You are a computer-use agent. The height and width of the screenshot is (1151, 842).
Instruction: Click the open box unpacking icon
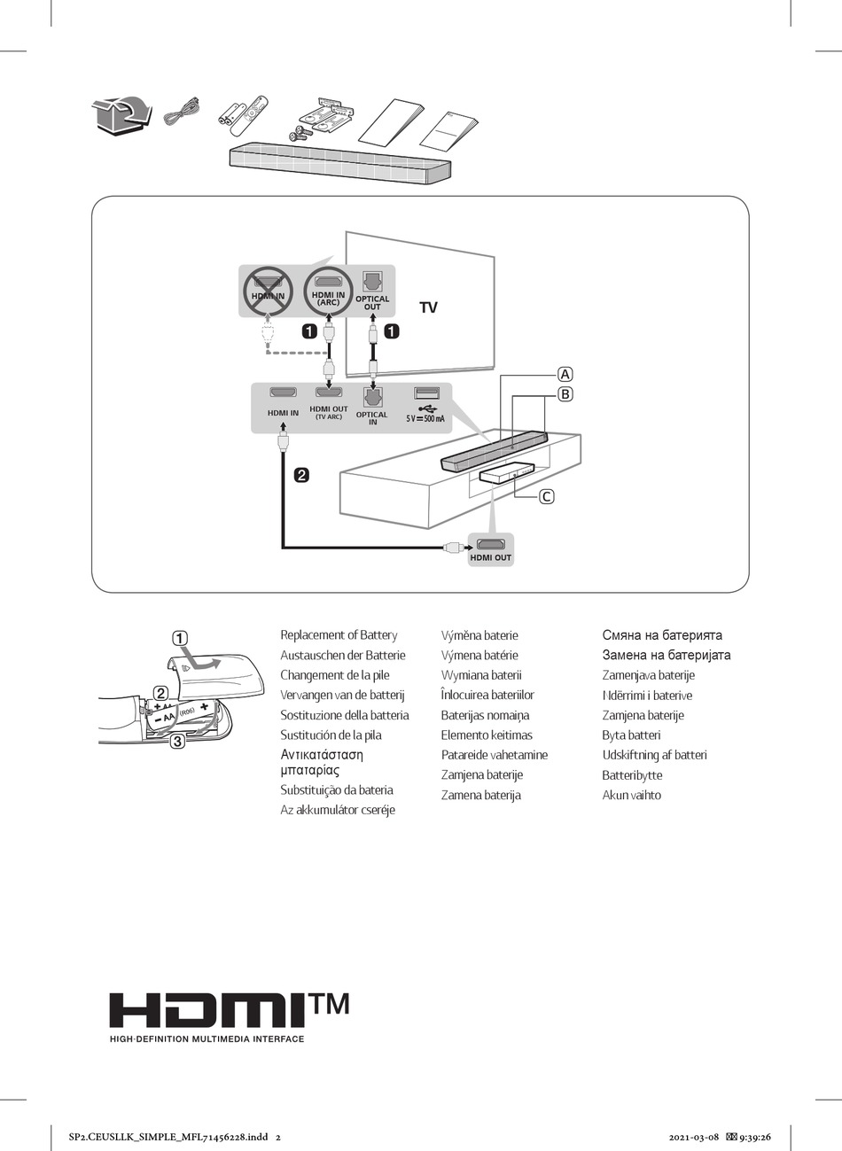coord(119,116)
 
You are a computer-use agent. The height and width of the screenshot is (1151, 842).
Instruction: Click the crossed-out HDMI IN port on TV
coord(268,290)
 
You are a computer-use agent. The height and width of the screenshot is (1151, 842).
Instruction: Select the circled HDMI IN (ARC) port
coord(328,289)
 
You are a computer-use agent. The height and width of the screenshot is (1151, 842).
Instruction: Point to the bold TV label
coord(428,308)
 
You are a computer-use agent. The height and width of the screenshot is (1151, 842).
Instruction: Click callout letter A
coord(565,374)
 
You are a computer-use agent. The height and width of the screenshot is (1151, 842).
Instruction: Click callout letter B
coord(565,394)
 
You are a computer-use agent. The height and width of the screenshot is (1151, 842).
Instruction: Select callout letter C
coord(547,496)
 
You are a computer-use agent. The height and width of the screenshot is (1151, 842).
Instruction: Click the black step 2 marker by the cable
coord(301,475)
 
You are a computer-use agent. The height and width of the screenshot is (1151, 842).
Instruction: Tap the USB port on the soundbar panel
coord(425,393)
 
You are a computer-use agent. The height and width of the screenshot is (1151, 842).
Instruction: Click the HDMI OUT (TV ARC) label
coord(328,412)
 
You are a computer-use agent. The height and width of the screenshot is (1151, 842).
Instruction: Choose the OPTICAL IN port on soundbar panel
coord(372,395)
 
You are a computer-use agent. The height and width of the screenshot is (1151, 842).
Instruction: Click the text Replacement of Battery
coord(339,635)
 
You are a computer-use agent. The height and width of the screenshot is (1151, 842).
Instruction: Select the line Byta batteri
coord(631,735)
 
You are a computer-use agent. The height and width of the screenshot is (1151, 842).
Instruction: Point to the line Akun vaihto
coord(631,796)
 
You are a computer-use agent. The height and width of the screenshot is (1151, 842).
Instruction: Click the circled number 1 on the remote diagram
coord(179,638)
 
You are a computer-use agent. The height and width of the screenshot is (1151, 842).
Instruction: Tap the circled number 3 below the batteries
coord(177,742)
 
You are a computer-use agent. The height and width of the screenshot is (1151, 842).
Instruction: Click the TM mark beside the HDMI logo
coord(329,1004)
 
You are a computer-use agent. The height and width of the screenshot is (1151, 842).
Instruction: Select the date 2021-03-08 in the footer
coord(693,1137)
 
